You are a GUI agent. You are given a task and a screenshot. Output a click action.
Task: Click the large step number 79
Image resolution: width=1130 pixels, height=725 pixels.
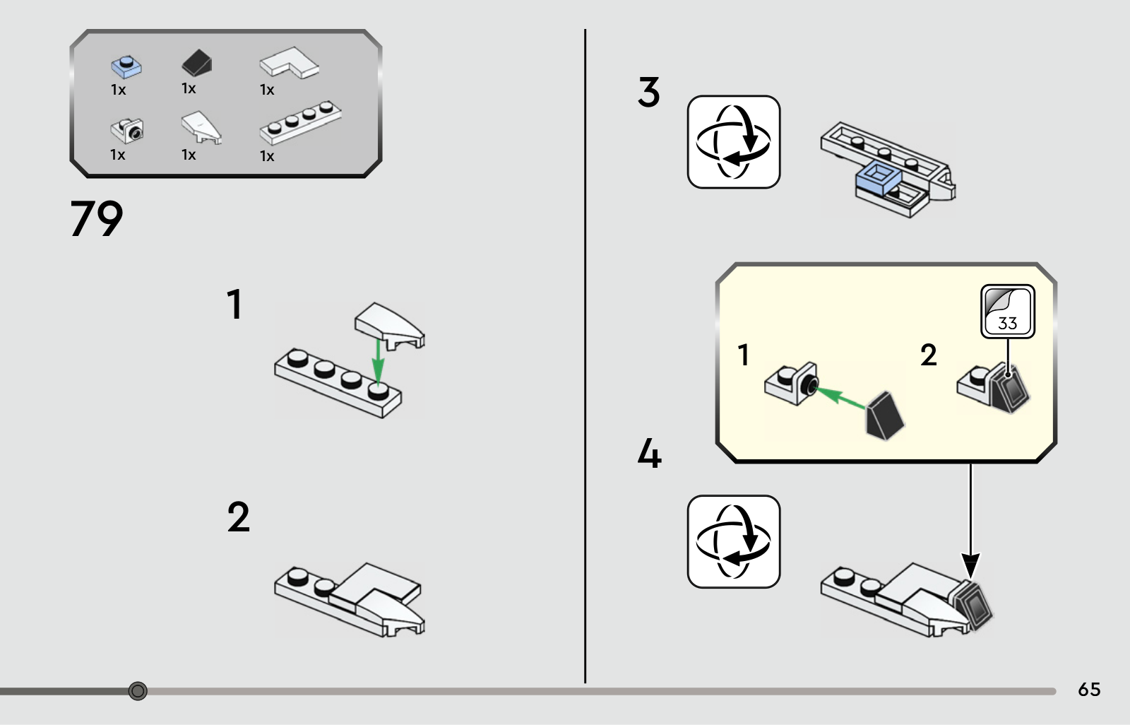pyautogui.click(x=96, y=218)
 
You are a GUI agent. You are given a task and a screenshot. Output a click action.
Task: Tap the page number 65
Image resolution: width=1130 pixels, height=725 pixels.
pyautogui.click(x=1089, y=690)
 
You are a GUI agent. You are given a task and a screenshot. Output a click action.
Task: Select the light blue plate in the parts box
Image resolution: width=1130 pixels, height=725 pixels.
pyautogui.click(x=126, y=66)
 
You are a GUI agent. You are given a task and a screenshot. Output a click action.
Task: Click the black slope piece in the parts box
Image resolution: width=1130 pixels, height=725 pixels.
pyautogui.click(x=197, y=63)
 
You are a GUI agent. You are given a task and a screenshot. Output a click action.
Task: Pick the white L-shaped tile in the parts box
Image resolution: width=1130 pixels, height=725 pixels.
pyautogui.click(x=289, y=63)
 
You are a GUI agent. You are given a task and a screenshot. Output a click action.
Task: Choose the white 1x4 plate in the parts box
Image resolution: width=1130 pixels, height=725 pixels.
pyautogui.click(x=300, y=123)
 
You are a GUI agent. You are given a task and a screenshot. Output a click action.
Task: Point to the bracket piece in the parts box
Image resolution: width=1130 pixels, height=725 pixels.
pyautogui.click(x=127, y=130)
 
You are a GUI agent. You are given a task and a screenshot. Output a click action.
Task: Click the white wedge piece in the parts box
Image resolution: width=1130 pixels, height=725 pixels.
pyautogui.click(x=201, y=127)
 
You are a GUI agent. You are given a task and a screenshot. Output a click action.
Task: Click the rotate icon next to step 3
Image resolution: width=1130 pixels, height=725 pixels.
pyautogui.click(x=734, y=142)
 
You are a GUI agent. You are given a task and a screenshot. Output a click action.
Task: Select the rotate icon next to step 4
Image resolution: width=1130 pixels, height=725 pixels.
pyautogui.click(x=734, y=541)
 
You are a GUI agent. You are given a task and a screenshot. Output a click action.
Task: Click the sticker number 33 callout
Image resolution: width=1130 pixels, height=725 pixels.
pyautogui.click(x=1008, y=312)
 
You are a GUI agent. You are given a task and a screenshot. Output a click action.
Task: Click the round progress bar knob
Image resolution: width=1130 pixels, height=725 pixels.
pyautogui.click(x=138, y=690)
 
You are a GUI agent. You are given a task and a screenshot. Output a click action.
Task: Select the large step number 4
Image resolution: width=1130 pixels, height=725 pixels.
pyautogui.click(x=649, y=453)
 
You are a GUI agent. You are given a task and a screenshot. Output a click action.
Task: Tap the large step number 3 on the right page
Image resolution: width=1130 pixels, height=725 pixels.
pyautogui.click(x=649, y=92)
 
